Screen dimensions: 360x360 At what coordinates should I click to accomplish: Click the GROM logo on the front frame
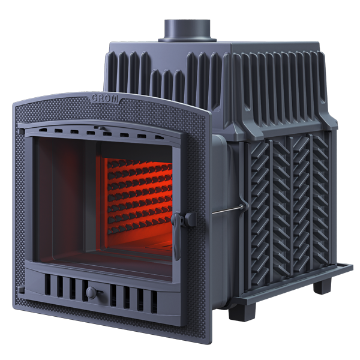point(104,98)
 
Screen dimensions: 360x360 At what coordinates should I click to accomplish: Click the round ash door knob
point(92,293)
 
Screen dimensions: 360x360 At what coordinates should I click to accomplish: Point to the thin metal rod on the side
point(227,210)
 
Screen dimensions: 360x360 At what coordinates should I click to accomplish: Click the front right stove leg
point(242,312)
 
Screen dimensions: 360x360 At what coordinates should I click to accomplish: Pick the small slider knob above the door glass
point(100,128)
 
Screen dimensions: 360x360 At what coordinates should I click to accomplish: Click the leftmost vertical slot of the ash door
point(47,284)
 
